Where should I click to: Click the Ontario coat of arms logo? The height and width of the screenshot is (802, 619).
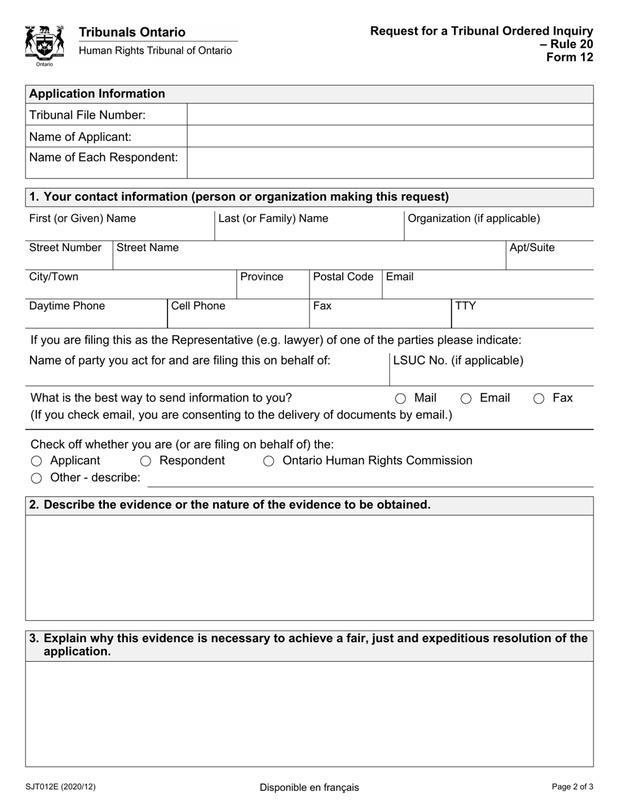[x=44, y=44]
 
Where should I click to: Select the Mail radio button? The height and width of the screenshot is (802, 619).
[x=401, y=398]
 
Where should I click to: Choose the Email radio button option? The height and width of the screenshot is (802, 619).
[x=466, y=398]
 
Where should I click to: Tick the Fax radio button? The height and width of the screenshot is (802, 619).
[x=539, y=398]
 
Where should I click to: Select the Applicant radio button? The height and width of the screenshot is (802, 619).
[x=36, y=461]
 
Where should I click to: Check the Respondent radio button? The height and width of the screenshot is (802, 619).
[x=146, y=461]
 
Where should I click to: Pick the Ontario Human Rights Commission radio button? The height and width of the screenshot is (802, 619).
[x=268, y=461]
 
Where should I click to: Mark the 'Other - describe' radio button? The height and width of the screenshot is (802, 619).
[x=36, y=478]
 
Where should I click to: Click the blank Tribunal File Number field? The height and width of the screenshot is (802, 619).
[x=390, y=115]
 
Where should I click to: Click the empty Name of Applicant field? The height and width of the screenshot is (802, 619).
[x=390, y=136]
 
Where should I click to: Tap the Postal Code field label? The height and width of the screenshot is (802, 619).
[x=343, y=276]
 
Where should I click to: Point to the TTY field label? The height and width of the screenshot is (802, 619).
[x=465, y=306]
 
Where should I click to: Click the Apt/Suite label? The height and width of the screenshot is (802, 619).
[x=532, y=247]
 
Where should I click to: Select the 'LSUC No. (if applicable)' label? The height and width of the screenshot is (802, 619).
[x=458, y=360]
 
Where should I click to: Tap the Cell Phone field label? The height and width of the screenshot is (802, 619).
[x=198, y=306]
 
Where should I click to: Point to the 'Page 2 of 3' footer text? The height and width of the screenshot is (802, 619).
[x=571, y=786]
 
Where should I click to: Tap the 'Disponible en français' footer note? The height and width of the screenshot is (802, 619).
[x=309, y=787]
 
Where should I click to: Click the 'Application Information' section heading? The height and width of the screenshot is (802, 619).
[x=97, y=93]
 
